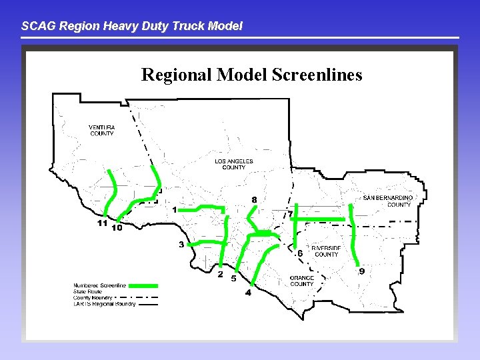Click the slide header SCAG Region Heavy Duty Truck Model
pyautogui.click(x=132, y=27)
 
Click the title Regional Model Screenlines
pyautogui.click(x=251, y=74)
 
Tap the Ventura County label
pyautogui.click(x=102, y=130)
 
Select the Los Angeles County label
pyautogui.click(x=234, y=164)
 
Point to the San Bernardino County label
pyautogui.click(x=388, y=201)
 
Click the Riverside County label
pyautogui.click(x=326, y=251)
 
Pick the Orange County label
pyautogui.click(x=301, y=281)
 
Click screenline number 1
pyautogui.click(x=175, y=210)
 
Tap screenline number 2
pyautogui.click(x=221, y=273)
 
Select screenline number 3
pyautogui.click(x=181, y=245)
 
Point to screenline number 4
pyautogui.click(x=248, y=292)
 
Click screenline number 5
pyautogui.click(x=233, y=279)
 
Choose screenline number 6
pyautogui.click(x=300, y=253)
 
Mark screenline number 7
pyautogui.click(x=290, y=214)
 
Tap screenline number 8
pyautogui.click(x=254, y=199)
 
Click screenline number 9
pyautogui.click(x=361, y=271)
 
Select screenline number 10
pyautogui.click(x=117, y=228)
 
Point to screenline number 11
pyautogui.click(x=102, y=223)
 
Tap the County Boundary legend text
pyautogui.click(x=93, y=297)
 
